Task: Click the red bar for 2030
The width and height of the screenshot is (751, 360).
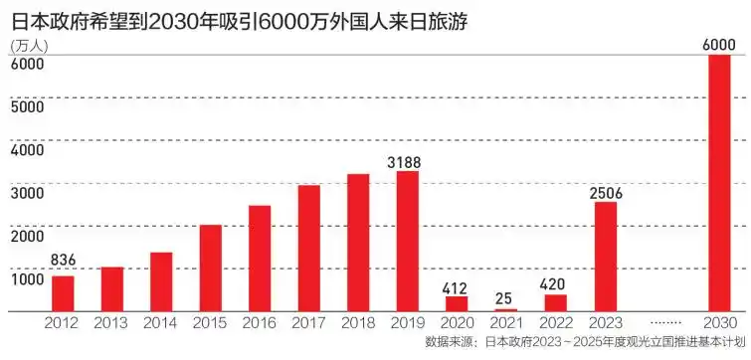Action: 718,183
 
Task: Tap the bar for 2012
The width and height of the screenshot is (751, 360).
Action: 63,293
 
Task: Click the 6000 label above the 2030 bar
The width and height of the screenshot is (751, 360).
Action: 718,43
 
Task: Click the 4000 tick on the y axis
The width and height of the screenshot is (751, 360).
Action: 27,149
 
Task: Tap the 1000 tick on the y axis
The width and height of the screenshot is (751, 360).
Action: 27,278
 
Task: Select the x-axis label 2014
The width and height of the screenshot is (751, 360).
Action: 160,323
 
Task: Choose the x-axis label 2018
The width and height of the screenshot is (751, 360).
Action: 358,323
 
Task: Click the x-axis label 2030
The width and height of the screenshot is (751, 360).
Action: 718,323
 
